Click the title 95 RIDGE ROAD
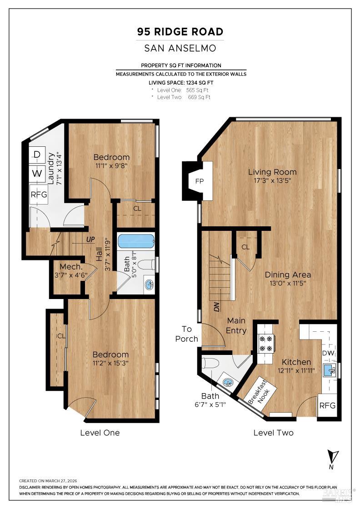click(180, 32)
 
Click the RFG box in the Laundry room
click(39, 195)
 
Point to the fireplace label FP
click(200, 181)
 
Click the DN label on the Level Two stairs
click(217, 307)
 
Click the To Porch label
click(187, 334)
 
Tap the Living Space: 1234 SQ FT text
click(180, 83)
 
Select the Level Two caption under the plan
click(273, 433)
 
